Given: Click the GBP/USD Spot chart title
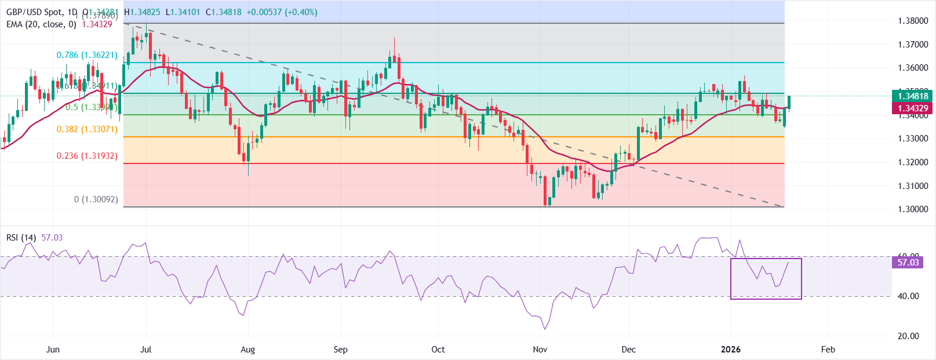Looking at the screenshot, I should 41,12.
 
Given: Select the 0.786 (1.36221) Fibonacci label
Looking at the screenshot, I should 87,55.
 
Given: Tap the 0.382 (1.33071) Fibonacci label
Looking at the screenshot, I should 87,129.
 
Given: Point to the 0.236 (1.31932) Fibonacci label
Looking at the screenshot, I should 87,156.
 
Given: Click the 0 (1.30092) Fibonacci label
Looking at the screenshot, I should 96,199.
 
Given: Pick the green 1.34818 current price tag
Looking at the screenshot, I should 913,96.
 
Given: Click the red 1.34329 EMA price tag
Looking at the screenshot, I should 913,108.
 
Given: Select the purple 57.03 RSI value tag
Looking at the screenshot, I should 908,263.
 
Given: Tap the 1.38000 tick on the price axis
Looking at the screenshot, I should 913,21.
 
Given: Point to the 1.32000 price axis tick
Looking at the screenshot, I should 913,162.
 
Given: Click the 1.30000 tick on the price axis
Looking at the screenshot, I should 913,209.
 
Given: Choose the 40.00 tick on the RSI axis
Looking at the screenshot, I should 908,296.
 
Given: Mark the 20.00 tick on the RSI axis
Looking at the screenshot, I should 908,336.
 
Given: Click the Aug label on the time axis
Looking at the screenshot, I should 247,350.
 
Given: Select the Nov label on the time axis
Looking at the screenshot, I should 540,350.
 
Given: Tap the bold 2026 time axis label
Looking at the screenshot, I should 730,350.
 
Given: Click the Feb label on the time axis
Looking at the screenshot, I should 828,350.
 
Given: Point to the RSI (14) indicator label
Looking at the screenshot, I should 21,238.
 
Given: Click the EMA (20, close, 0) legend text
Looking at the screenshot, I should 41,24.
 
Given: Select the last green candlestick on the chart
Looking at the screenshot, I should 789,103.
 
